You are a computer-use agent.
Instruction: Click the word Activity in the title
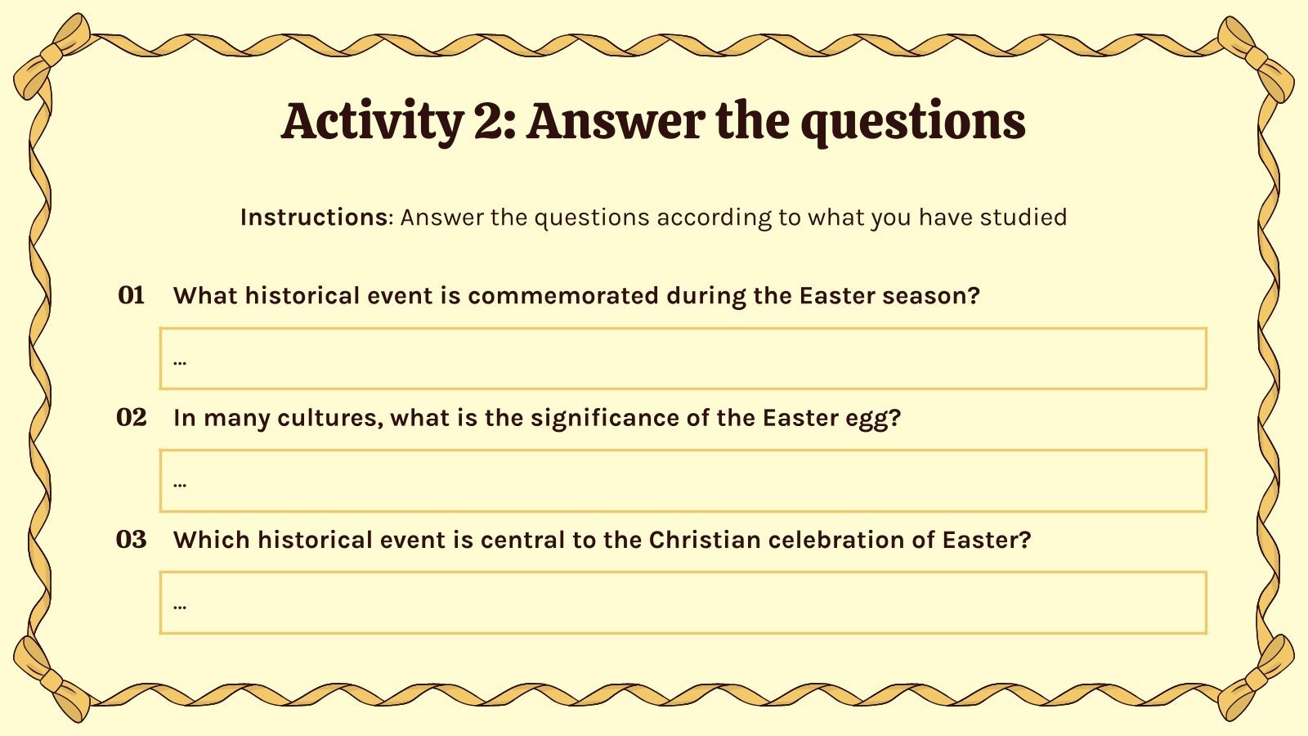(372, 121)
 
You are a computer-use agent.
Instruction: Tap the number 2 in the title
(489, 121)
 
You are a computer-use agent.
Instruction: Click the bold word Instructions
(313, 217)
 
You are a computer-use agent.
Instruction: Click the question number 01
(132, 295)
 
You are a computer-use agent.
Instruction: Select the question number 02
(132, 418)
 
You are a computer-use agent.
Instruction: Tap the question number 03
(132, 540)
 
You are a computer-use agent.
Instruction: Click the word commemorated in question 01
(562, 295)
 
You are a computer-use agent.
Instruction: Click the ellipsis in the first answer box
(180, 361)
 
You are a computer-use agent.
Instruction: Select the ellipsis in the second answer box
(180, 483)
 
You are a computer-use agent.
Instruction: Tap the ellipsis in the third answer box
(180, 606)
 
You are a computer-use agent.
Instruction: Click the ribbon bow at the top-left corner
(51, 56)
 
